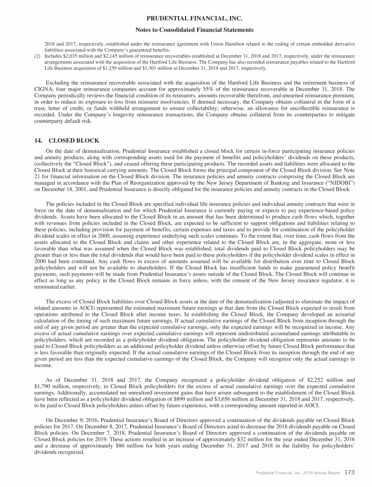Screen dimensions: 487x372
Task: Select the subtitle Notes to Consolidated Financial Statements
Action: [186, 30]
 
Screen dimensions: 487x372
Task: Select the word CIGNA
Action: [45, 89]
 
